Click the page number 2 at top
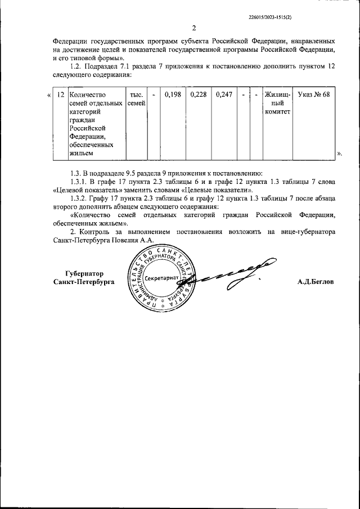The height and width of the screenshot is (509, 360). [x=194, y=29]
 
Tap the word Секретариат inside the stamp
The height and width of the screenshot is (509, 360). [x=160, y=278]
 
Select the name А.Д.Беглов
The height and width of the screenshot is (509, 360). [x=316, y=282]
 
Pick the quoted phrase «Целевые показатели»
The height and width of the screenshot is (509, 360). [x=216, y=191]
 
